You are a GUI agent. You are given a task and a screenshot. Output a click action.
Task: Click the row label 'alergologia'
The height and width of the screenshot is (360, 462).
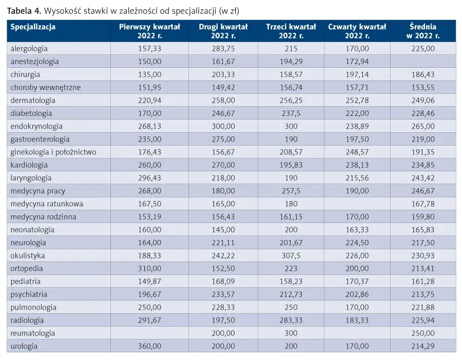click(29, 49)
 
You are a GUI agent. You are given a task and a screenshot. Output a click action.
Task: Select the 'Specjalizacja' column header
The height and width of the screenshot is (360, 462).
click(33, 27)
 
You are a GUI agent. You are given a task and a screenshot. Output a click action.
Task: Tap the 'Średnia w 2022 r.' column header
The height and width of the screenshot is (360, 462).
click(423, 31)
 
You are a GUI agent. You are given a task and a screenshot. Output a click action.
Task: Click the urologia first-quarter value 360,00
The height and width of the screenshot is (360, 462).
click(150, 346)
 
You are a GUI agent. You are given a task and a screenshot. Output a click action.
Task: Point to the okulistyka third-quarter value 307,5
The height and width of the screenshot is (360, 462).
click(291, 255)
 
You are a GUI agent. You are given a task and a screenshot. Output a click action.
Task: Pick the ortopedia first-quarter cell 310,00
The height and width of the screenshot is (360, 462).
click(150, 268)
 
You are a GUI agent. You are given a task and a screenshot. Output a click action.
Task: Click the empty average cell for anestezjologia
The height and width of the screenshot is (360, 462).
click(423, 62)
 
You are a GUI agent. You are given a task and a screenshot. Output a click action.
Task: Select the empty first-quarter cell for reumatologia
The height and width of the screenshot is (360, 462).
click(150, 333)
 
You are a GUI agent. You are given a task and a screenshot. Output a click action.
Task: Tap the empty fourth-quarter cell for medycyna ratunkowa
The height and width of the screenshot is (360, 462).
click(357, 204)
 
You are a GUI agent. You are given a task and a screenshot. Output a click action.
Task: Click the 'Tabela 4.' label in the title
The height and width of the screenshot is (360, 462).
click(24, 11)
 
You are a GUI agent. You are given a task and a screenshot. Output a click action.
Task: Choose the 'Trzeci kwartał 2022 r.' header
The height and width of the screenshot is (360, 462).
click(291, 31)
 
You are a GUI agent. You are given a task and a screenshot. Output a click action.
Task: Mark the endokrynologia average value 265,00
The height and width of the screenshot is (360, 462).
click(423, 126)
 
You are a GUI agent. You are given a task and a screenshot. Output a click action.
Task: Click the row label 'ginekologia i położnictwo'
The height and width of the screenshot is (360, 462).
click(53, 152)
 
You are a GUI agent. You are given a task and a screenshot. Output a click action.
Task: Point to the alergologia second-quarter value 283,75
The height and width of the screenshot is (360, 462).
click(223, 49)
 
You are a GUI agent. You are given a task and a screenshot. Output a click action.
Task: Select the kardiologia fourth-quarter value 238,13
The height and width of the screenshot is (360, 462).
click(357, 165)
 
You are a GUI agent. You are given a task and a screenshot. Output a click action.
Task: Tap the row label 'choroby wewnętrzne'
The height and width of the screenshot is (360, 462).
click(46, 87)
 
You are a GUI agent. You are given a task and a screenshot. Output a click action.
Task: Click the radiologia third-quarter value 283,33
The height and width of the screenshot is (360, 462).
click(291, 321)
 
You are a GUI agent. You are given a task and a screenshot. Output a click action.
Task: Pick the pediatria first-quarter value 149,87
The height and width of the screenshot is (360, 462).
click(150, 282)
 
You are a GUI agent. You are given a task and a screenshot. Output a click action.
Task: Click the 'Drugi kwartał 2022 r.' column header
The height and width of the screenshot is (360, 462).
click(223, 31)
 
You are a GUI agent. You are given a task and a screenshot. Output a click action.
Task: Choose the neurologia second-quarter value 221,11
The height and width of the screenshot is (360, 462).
click(223, 243)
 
